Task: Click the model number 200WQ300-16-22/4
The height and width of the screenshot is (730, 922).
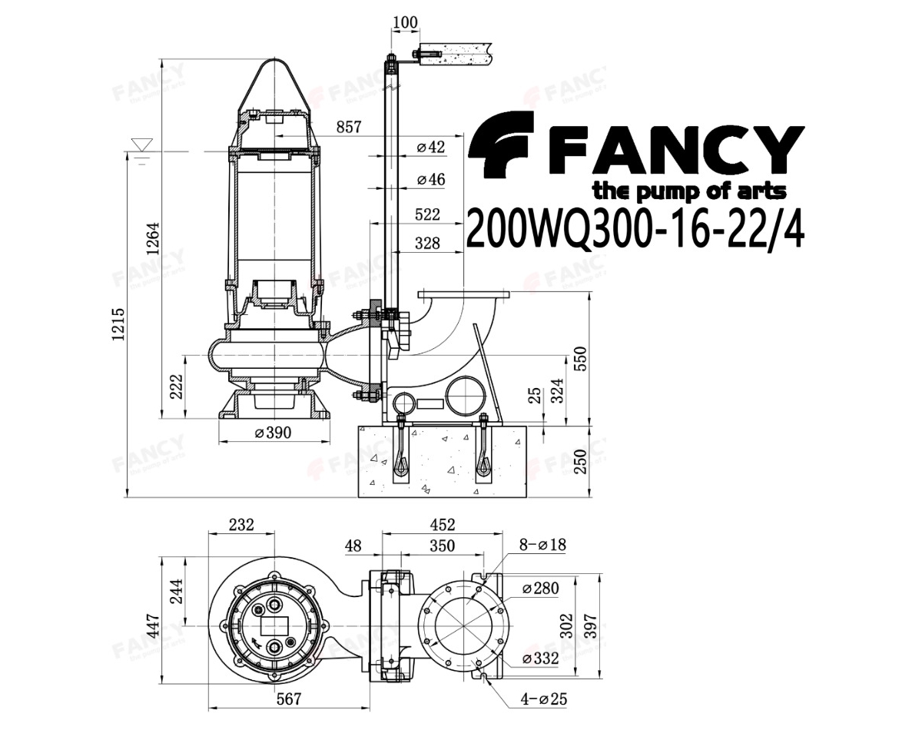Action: (x=635, y=228)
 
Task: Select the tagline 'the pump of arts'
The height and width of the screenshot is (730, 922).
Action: (x=689, y=191)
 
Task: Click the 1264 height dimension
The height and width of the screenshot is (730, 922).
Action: (x=153, y=238)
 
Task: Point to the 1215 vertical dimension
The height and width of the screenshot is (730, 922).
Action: (x=118, y=324)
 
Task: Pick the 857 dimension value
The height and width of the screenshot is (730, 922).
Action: (x=349, y=127)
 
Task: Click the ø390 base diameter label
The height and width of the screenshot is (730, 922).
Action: (x=273, y=433)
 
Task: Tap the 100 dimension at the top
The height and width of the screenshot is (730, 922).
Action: (x=405, y=22)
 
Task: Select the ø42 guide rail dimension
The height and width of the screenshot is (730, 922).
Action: (x=430, y=147)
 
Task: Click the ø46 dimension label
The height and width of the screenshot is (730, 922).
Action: (x=430, y=179)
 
